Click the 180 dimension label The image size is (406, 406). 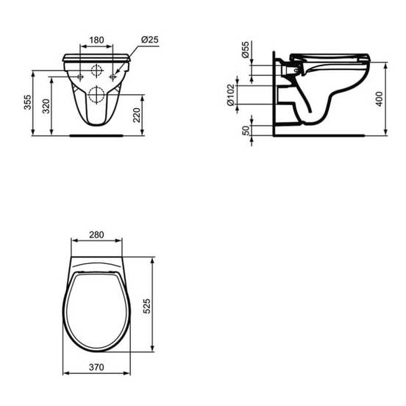[x=96, y=40]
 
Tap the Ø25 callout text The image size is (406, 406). [x=149, y=40]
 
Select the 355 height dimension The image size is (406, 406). [x=27, y=102]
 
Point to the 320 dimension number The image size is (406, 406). [x=46, y=106]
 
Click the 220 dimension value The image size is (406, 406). [x=137, y=115]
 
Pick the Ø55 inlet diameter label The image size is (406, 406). [x=245, y=49]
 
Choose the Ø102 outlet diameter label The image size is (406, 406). [x=230, y=94]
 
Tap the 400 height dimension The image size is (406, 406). [x=380, y=99]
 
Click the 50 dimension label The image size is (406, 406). [x=246, y=130]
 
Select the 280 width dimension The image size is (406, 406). [x=96, y=235]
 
